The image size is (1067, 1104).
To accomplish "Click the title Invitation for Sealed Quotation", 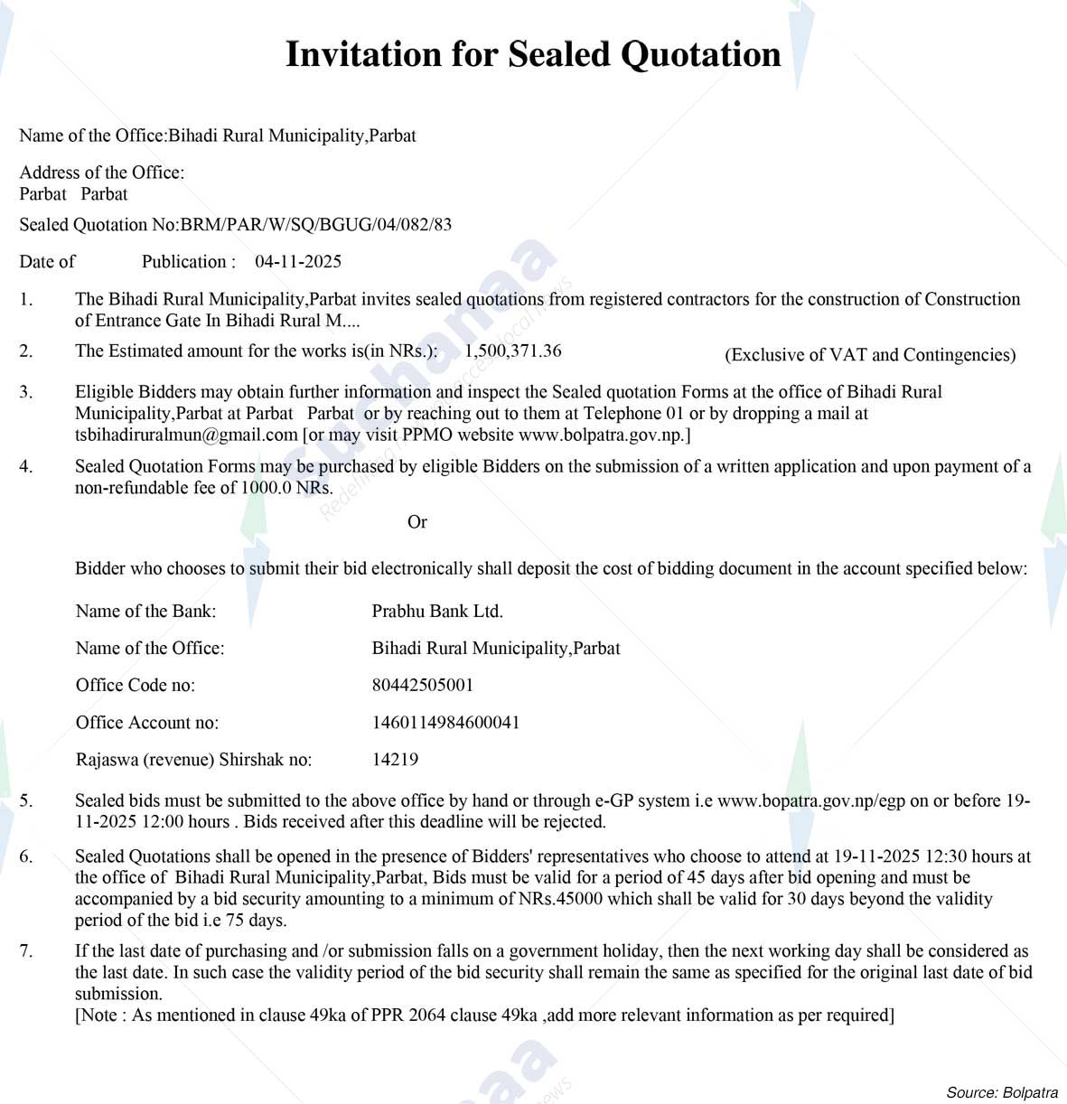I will [533, 54].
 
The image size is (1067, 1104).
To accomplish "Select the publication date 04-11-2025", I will [298, 262].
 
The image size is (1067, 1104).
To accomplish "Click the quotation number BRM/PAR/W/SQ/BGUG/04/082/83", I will [316, 225].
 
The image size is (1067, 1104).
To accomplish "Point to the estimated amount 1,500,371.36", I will [513, 351].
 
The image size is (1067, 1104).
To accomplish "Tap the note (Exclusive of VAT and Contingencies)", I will [870, 355].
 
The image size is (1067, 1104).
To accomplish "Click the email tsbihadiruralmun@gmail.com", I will [186, 435].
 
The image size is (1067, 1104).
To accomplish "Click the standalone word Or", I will [417, 522].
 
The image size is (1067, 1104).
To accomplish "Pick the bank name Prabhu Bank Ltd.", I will [437, 612].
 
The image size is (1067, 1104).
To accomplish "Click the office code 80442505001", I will [423, 685].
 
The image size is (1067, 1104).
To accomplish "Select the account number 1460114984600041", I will [445, 723].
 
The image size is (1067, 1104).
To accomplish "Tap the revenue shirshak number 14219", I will [395, 760].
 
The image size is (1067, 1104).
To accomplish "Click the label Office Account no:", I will [147, 723].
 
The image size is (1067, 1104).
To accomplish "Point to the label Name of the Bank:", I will [145, 612].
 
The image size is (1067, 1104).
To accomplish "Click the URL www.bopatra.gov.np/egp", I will [811, 800].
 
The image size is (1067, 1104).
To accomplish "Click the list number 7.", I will [26, 951].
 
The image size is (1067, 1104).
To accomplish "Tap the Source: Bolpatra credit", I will [1002, 1092].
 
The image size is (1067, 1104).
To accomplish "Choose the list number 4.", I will [26, 467].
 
